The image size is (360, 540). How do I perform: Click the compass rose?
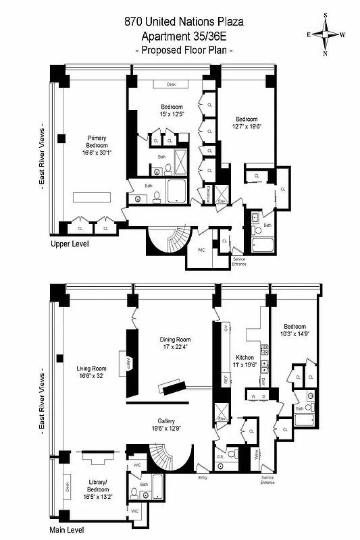[x=325, y=34]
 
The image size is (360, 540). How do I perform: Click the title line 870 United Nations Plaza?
[x=184, y=22]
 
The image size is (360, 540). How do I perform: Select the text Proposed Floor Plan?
[x=184, y=51]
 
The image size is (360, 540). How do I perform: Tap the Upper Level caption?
[x=70, y=244]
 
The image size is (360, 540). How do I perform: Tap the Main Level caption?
[x=69, y=530]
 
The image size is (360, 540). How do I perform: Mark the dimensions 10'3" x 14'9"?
[x=294, y=333]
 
